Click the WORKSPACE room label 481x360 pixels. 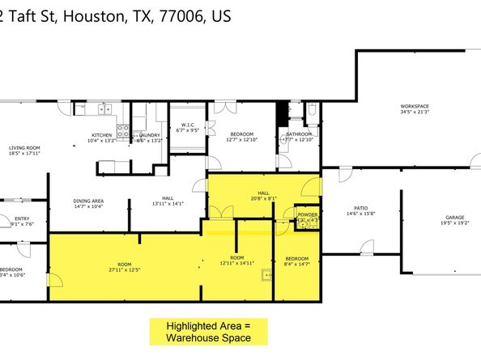click(414, 107)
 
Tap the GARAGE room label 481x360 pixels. click(453, 218)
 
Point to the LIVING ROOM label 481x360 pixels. click(24, 147)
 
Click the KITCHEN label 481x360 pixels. click(101, 134)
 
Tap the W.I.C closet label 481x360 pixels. click(189, 125)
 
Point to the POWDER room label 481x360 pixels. click(306, 214)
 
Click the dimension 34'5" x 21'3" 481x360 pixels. click(414, 113)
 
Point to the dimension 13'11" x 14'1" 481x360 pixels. click(168, 204)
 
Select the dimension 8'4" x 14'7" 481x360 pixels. click(296, 264)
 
